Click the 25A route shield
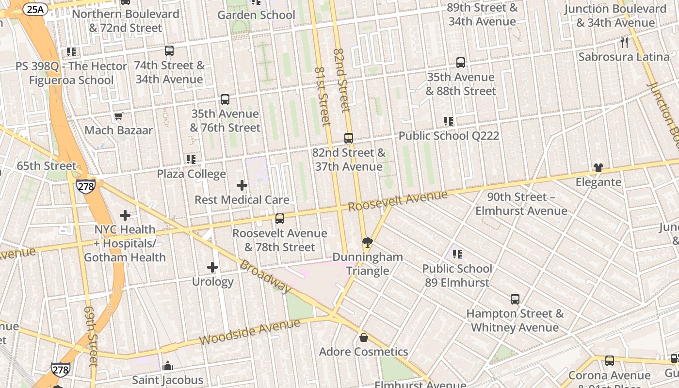[x=34, y=9]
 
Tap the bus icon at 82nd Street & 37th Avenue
[x=349, y=138]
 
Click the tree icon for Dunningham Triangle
[x=367, y=242]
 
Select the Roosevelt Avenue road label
[x=398, y=200]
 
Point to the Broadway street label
[x=266, y=277]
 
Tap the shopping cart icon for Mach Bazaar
[x=118, y=116]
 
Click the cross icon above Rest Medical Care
[x=242, y=185]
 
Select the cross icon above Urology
[x=212, y=267]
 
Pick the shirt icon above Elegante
[x=598, y=168]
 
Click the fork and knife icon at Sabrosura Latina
[x=624, y=43]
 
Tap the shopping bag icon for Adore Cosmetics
[x=363, y=337]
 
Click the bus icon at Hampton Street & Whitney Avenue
[x=515, y=299]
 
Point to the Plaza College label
[x=191, y=174]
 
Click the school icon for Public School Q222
[x=449, y=121]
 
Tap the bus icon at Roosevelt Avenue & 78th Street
[x=279, y=218]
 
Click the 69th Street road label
[x=91, y=336]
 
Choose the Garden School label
[x=256, y=15]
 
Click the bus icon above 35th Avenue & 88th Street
[x=460, y=63]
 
